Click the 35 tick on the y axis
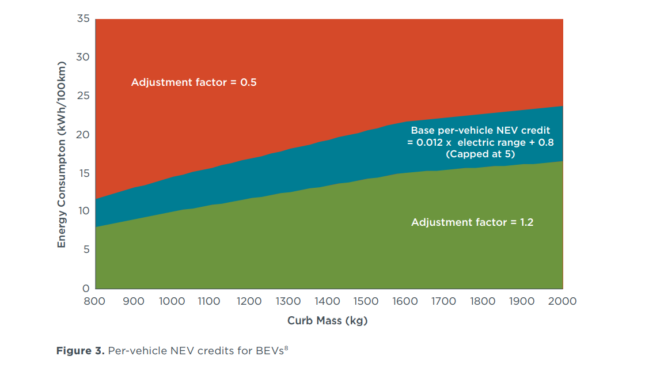click(x=83, y=19)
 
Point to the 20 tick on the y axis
click(x=83, y=134)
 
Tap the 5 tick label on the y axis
click(x=86, y=249)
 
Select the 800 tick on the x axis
click(x=95, y=301)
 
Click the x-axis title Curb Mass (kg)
click(x=327, y=321)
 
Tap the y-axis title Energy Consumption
click(x=62, y=154)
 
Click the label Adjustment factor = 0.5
click(x=193, y=82)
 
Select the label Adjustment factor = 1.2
click(x=472, y=222)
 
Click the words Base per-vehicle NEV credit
click(x=480, y=131)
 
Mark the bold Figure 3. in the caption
click(x=81, y=351)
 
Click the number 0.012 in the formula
click(x=429, y=142)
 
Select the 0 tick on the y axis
click(x=86, y=288)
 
